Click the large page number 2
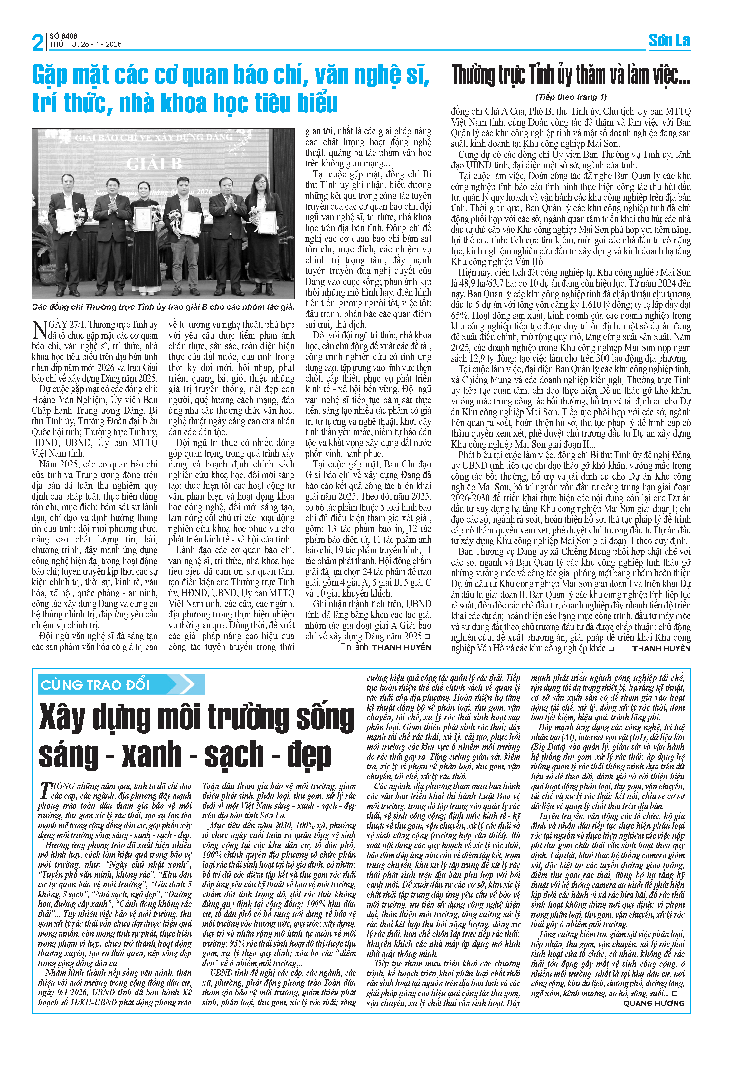[38, 42]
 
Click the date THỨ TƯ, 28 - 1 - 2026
[86, 44]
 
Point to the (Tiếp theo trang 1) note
[571, 97]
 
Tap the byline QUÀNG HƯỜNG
[653, 1003]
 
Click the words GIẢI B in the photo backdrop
[154, 164]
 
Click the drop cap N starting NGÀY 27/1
[39, 329]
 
